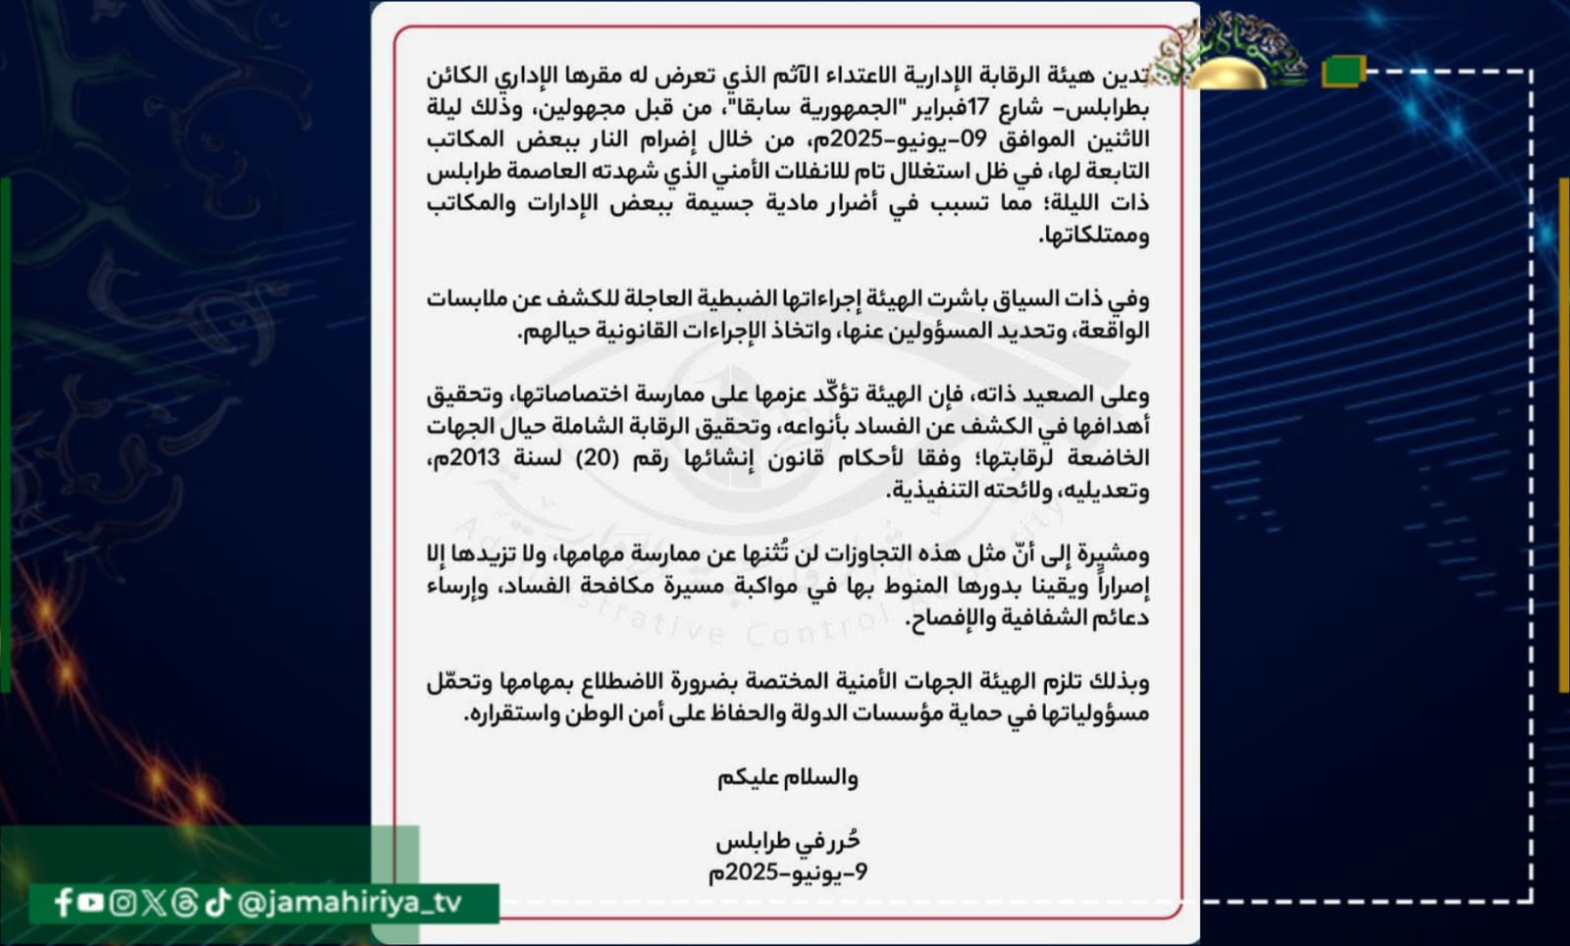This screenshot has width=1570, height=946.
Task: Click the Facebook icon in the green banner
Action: (x=64, y=903)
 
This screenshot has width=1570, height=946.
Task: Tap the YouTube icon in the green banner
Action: (x=91, y=902)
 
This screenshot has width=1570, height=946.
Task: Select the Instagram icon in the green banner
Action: (x=122, y=903)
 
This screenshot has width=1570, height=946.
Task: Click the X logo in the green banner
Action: (x=153, y=903)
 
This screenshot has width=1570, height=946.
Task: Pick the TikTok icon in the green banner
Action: (x=217, y=902)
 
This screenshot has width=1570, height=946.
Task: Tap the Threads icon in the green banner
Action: (x=184, y=903)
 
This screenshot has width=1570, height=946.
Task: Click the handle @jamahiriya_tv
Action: (x=349, y=903)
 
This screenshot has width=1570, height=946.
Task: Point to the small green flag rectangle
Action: (x=1342, y=72)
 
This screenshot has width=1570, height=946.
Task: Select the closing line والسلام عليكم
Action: (x=787, y=778)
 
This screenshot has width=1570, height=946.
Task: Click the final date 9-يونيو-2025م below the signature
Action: (x=787, y=872)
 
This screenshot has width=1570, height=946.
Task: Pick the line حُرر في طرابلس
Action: (x=787, y=841)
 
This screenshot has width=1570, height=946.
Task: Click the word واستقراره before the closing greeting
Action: (x=511, y=713)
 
